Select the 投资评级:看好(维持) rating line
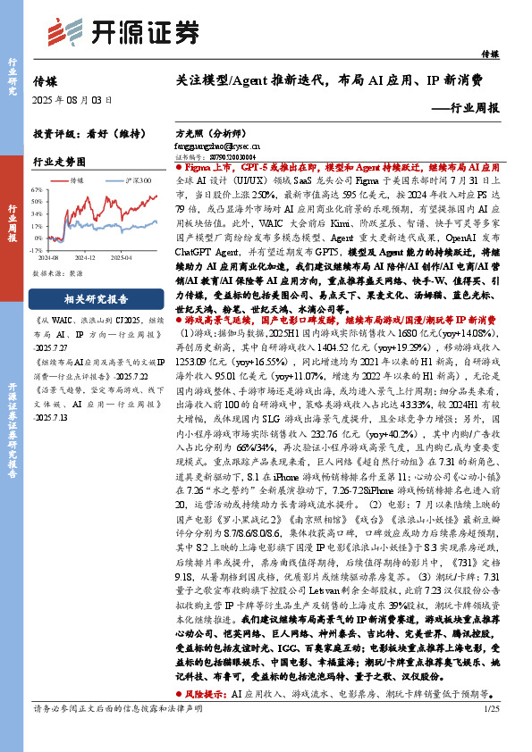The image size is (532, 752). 80,133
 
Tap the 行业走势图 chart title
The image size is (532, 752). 59,162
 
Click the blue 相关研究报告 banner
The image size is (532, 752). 96,299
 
